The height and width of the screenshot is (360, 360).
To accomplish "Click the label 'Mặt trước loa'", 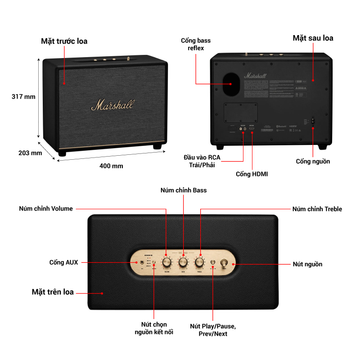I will (x=64, y=41).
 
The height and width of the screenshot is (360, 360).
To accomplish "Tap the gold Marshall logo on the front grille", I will (x=112, y=105).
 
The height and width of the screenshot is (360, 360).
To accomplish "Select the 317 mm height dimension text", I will (x=23, y=97).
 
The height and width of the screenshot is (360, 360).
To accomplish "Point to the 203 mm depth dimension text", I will (x=30, y=153).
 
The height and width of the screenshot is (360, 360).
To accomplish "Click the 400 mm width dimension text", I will (x=111, y=166).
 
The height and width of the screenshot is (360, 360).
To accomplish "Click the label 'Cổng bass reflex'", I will (x=196, y=44).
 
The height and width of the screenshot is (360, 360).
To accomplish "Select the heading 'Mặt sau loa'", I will (x=313, y=38).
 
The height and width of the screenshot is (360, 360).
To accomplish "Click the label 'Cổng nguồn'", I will (x=313, y=162).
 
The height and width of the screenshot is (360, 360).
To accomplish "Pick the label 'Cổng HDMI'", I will (x=252, y=174).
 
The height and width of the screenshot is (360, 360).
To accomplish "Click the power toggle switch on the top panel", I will (x=224, y=263).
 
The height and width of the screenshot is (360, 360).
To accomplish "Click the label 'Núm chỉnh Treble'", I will (x=317, y=209).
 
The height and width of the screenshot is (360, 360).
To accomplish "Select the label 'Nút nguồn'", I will (x=307, y=264).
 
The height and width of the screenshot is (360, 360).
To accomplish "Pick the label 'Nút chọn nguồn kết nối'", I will (x=154, y=328).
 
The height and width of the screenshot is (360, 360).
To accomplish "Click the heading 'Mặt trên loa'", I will (x=53, y=292).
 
